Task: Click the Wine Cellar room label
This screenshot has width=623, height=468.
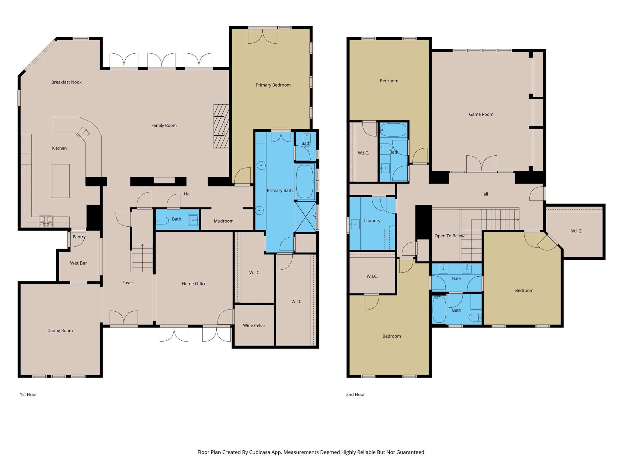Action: [x=254, y=325]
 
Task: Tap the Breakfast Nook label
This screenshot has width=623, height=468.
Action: [x=66, y=82]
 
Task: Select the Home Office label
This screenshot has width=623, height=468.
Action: [x=194, y=284]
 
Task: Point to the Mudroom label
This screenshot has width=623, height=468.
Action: [x=224, y=221]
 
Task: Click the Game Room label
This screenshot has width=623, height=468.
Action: [x=481, y=114]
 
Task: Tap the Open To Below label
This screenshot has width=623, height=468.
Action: [x=449, y=236]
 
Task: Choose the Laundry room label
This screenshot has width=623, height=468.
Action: [x=372, y=221]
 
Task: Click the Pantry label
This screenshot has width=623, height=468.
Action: [x=79, y=237]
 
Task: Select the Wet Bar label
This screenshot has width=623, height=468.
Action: [x=78, y=263]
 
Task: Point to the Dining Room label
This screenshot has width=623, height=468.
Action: [x=60, y=331]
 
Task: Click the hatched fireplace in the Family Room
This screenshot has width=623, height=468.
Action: [x=221, y=126]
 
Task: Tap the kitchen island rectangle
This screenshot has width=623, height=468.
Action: [x=60, y=181]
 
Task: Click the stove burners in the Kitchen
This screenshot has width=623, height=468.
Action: [x=46, y=222]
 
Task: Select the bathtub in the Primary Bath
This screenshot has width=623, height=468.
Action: [x=305, y=182]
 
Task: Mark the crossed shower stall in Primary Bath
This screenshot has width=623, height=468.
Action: [x=305, y=217]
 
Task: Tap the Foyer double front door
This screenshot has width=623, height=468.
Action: [x=124, y=318]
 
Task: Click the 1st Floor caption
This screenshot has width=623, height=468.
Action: [x=28, y=394]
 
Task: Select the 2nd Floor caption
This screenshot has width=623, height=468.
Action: [x=355, y=394]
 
